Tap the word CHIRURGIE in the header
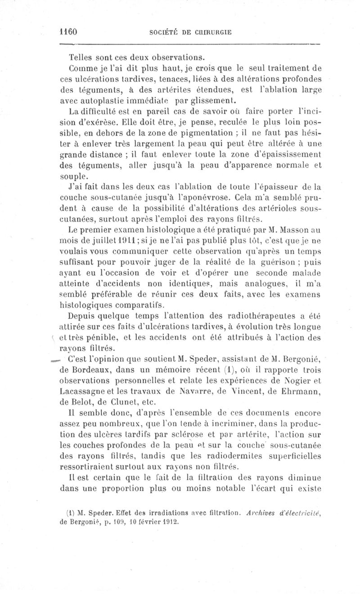tap(212, 32)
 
